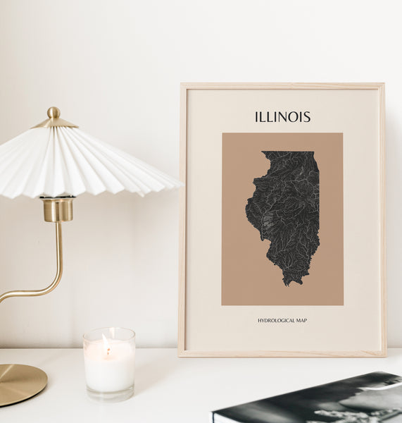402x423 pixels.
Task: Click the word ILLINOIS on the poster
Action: tap(282, 117)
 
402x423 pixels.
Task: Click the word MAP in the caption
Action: tap(301, 321)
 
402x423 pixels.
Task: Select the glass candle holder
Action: tap(108, 364)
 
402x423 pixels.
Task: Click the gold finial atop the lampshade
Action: tap(54, 113)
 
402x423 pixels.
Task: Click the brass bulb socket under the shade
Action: tap(58, 209)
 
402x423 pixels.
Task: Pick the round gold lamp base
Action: tap(19, 384)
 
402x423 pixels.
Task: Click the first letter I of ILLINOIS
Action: tap(257, 117)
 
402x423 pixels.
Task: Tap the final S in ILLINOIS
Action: tap(306, 117)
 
